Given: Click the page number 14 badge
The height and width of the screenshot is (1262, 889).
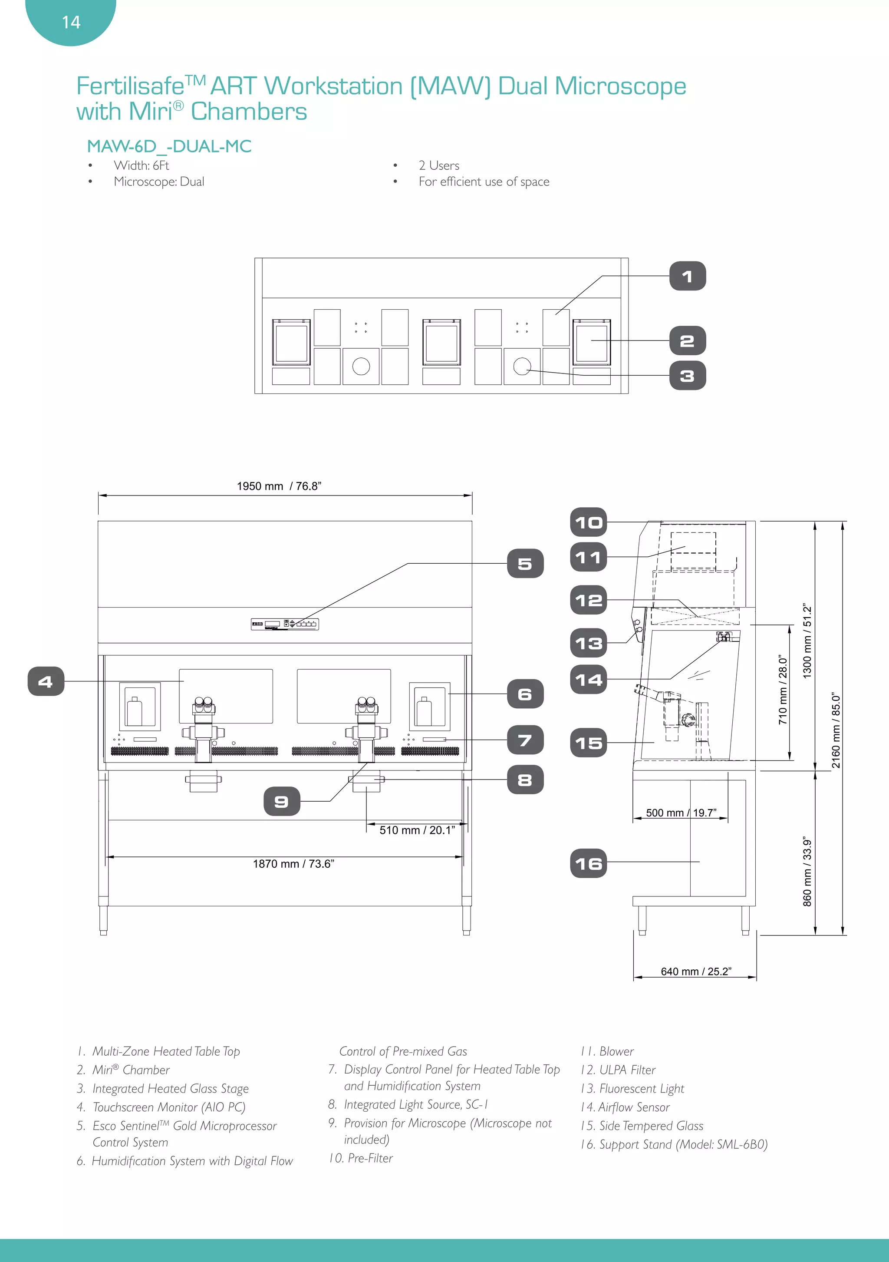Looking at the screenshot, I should pyautogui.click(x=71, y=22).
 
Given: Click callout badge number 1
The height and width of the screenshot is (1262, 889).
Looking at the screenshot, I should pyautogui.click(x=687, y=277).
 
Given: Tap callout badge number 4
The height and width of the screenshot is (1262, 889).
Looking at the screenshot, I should pyautogui.click(x=46, y=681).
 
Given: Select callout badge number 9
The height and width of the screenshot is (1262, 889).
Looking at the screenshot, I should pyautogui.click(x=281, y=801).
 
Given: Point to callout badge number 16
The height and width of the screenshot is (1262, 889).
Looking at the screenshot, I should pyautogui.click(x=589, y=863).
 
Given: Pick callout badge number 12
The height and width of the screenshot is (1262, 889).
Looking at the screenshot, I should pyautogui.click(x=589, y=600).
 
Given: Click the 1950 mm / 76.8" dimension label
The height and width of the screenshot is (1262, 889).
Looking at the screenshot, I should pyautogui.click(x=279, y=486).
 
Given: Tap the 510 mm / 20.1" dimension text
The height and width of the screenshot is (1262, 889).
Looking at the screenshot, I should pyautogui.click(x=417, y=830).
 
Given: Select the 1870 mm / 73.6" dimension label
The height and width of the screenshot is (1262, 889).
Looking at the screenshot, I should pyautogui.click(x=293, y=863).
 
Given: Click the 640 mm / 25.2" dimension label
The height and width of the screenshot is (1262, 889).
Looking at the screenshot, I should pyautogui.click(x=695, y=971).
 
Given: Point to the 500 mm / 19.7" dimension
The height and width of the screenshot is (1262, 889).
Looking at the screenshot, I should pyautogui.click(x=681, y=813).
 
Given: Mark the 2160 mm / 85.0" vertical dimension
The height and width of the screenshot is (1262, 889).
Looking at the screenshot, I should pyautogui.click(x=836, y=730).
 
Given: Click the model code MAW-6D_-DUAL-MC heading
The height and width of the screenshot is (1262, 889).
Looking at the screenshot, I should pyautogui.click(x=169, y=146).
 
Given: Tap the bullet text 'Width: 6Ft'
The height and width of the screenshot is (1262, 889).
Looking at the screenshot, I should pyautogui.click(x=141, y=165).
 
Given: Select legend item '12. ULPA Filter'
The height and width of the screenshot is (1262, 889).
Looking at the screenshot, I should pyautogui.click(x=618, y=1070).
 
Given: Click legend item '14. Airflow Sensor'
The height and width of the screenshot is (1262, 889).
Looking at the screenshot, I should pyautogui.click(x=625, y=1107).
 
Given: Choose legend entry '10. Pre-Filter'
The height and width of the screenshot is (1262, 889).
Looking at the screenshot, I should pyautogui.click(x=361, y=1158).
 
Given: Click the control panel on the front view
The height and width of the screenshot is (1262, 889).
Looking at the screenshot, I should pyautogui.click(x=285, y=624).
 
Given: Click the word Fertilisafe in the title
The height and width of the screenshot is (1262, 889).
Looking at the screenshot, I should pyautogui.click(x=130, y=87).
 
